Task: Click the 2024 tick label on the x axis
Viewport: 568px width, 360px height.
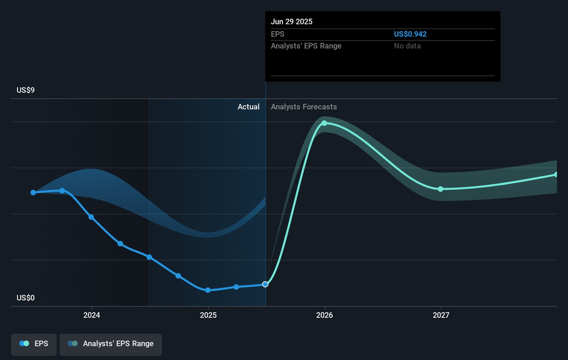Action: pos(92,315)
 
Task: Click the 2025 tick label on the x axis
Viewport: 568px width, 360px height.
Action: pos(208,315)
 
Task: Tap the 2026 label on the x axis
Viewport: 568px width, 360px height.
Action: pos(324,315)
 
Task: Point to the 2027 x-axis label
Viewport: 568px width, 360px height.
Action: pos(441,315)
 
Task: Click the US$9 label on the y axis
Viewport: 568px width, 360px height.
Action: pos(26,90)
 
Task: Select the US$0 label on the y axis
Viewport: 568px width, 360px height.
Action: pos(26,298)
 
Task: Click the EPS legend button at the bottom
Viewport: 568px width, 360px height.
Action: pos(34,344)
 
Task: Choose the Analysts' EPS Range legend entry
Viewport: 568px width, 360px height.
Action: pos(110,344)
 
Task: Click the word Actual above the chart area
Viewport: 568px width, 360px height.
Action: pos(248,107)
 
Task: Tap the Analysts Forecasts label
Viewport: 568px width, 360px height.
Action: pos(304,107)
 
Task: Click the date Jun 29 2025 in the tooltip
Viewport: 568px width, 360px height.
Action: pos(291,22)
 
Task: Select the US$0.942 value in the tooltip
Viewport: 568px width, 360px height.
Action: pos(410,34)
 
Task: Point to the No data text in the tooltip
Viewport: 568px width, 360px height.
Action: pos(407,46)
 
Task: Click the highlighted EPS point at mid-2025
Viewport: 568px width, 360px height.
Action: pos(265,284)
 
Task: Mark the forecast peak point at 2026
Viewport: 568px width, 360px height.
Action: pos(324,123)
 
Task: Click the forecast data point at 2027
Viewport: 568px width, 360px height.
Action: pos(441,189)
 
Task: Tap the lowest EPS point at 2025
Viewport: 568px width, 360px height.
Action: pos(208,290)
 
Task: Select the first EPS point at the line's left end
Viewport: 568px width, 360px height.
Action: pos(34,193)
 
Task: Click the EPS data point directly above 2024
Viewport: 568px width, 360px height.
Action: pos(92,217)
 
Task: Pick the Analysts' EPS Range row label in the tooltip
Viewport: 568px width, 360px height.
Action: pos(306,46)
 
